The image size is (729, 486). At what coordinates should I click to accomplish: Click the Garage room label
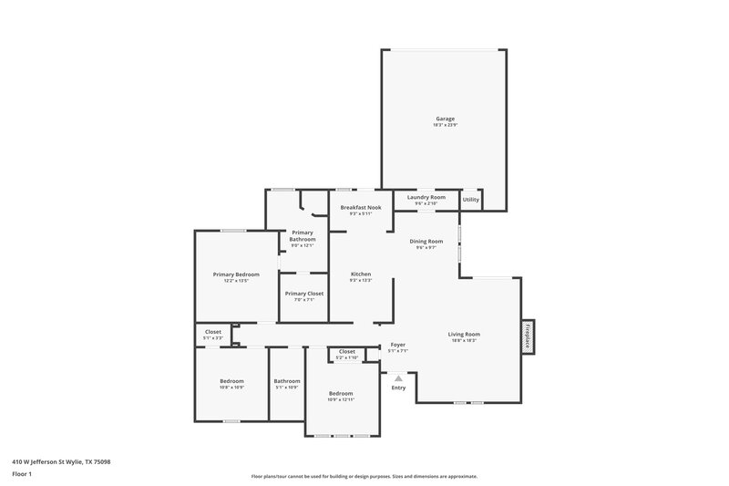[445, 119]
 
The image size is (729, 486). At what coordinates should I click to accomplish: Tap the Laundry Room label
[426, 198]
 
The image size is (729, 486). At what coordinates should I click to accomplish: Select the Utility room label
[470, 199]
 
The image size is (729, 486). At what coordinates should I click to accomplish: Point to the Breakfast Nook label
[360, 208]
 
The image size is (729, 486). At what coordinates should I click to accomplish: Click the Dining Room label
[426, 242]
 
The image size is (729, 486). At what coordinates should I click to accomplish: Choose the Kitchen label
[361, 274]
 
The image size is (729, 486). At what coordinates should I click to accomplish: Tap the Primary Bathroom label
[303, 236]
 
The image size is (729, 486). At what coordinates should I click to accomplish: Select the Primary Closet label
[303, 294]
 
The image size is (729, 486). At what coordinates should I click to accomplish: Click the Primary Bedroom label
[236, 274]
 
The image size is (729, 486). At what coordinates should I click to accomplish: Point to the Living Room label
[463, 335]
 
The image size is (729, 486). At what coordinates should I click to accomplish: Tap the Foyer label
[397, 346]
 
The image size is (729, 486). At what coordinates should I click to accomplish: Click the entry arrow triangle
[397, 376]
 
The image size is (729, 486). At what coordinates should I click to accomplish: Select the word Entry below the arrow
[398, 388]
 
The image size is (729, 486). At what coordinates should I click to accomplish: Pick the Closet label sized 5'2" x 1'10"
[346, 352]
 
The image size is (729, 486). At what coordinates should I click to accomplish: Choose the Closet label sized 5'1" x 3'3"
[213, 332]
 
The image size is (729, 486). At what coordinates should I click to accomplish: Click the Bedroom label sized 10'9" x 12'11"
[341, 393]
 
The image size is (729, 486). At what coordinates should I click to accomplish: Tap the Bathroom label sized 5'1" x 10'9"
[287, 381]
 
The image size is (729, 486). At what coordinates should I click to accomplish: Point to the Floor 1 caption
[22, 474]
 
